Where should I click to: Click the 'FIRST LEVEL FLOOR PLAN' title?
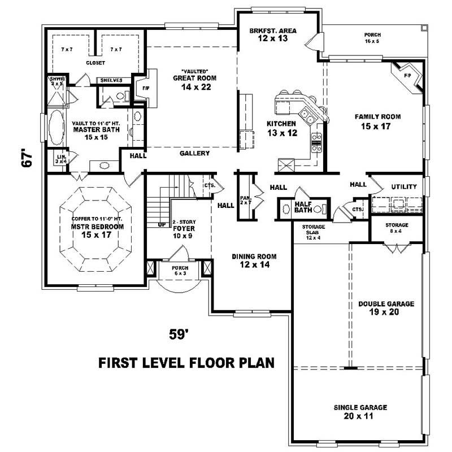(186, 362)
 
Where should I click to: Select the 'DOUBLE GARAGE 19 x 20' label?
(386, 307)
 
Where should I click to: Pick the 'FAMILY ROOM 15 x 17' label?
(377, 121)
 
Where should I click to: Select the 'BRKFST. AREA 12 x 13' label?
(273, 35)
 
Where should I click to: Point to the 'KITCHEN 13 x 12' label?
(281, 128)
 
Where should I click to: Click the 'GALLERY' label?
(195, 153)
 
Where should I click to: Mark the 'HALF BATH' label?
(303, 207)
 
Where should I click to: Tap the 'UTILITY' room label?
(404, 186)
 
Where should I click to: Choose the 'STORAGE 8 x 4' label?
(397, 228)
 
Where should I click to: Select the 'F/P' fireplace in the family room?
(408, 75)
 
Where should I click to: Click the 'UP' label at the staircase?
(162, 224)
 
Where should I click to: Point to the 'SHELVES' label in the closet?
(112, 80)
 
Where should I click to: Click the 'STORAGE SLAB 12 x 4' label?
(309, 232)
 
